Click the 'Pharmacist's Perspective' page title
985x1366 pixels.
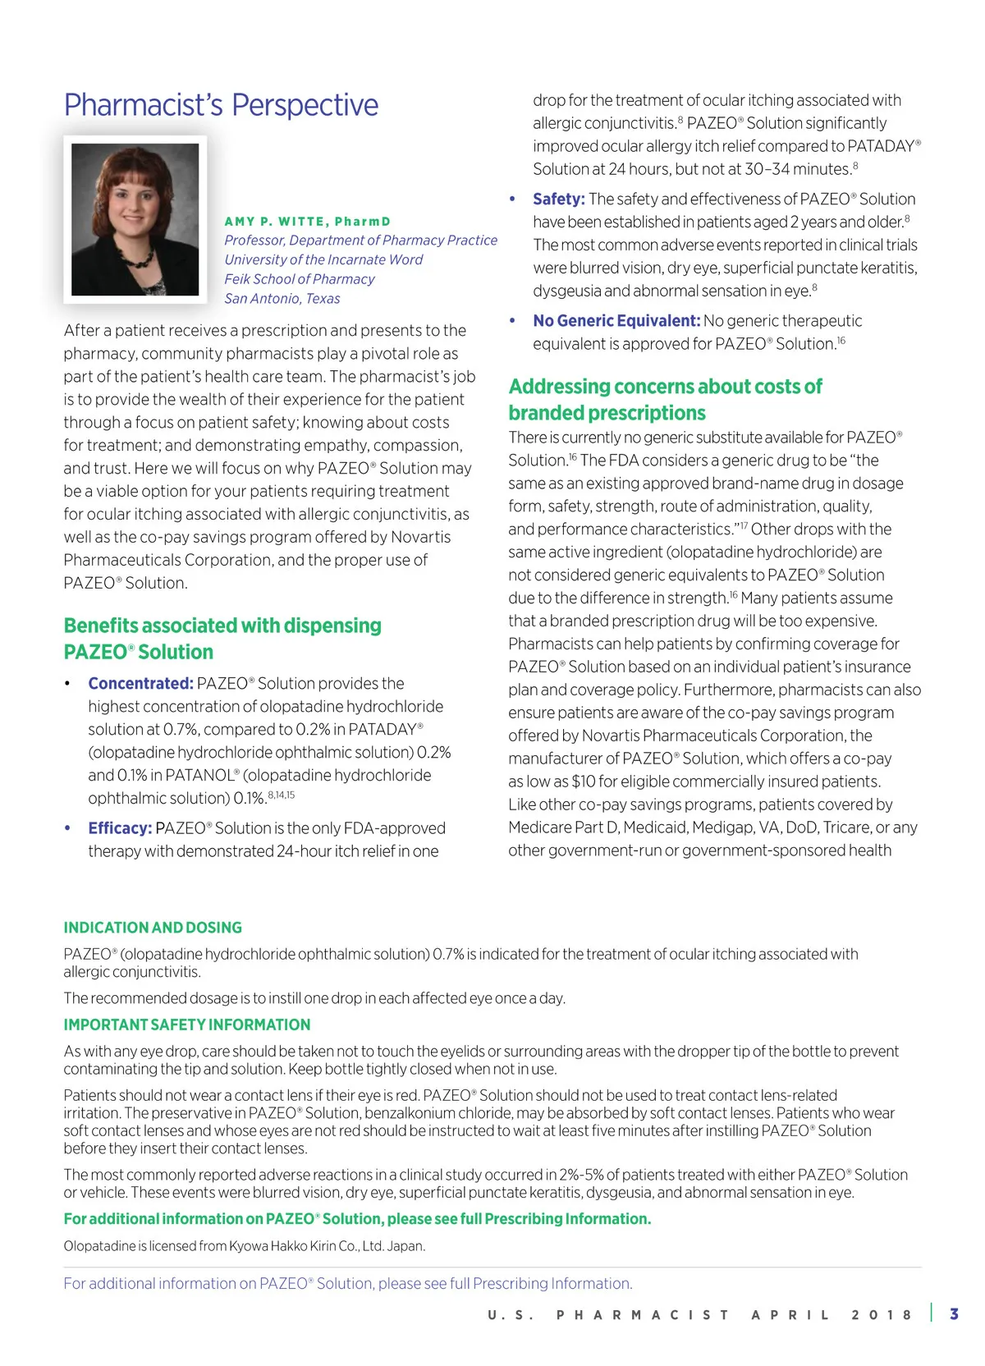pyautogui.click(x=221, y=105)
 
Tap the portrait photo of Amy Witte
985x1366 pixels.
pyautogui.click(x=135, y=219)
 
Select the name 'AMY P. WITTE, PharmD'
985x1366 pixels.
pyautogui.click(x=308, y=222)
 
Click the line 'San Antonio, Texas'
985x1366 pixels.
pyautogui.click(x=282, y=299)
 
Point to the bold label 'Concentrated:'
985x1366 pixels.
pyautogui.click(x=140, y=684)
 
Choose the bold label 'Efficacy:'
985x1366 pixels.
pyautogui.click(x=120, y=828)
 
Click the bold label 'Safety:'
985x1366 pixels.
pyautogui.click(x=558, y=199)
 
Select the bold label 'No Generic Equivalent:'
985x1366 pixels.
pyautogui.click(x=616, y=321)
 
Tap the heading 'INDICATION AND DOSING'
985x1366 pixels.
pyautogui.click(x=153, y=928)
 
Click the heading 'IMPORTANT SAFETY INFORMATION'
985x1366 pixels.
pyautogui.click(x=187, y=1024)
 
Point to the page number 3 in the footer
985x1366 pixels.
pyautogui.click(x=954, y=1313)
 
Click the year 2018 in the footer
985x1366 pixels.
pyautogui.click(x=882, y=1314)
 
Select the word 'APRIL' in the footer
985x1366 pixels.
pyautogui.click(x=790, y=1314)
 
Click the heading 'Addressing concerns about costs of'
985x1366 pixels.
pyautogui.click(x=665, y=387)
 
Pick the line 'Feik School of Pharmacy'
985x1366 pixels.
pyautogui.click(x=300, y=279)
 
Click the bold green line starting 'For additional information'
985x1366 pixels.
pyautogui.click(x=357, y=1219)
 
